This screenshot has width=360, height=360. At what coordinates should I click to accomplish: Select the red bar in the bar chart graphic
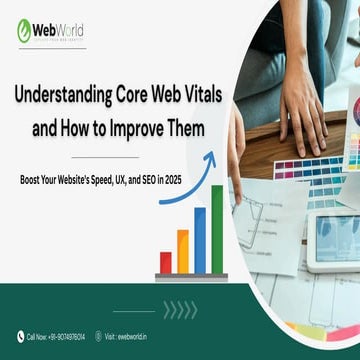pos(166,263)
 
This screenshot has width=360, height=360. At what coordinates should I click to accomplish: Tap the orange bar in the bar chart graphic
pos(182,252)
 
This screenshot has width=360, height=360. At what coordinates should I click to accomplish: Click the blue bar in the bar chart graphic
pos(199,240)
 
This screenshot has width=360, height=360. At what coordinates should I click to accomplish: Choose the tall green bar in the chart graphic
pos(216,229)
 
